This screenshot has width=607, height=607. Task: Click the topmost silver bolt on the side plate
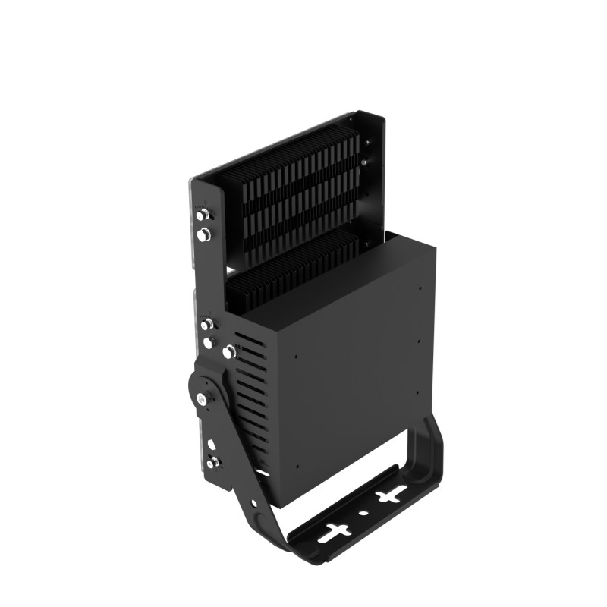[202, 216]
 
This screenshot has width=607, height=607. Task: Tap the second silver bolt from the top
[203, 236]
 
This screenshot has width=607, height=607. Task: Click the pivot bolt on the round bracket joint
[200, 398]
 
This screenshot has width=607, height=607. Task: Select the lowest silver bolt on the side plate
[210, 461]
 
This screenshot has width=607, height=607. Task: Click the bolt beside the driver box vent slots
[227, 351]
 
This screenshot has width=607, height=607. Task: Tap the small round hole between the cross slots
[363, 513]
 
